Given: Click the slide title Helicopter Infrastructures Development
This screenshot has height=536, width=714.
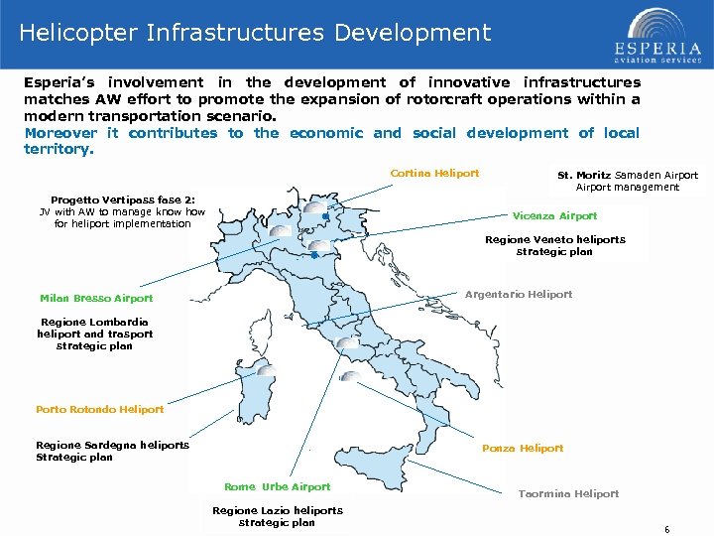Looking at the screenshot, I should pos(255,33).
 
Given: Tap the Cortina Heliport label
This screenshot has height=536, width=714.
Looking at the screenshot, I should pos(434,174).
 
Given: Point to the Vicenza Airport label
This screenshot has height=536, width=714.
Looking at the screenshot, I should pos(554,215).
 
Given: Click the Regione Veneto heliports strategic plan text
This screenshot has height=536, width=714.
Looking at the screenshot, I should pos(554,246).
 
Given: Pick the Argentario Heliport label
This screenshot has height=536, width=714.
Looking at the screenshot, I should pos(519,294).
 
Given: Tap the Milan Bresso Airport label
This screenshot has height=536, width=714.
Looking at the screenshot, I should pos(96,298).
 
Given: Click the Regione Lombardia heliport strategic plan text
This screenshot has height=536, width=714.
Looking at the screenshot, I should pos(94,334).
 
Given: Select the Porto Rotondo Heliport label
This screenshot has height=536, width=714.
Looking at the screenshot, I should pos(99,409).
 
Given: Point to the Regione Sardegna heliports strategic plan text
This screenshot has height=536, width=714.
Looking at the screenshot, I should pos(112,451).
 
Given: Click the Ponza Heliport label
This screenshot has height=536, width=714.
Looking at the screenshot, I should pos(523,449).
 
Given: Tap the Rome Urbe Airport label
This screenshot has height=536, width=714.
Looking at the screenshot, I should pos(277,487).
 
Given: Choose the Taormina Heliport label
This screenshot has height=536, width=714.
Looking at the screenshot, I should pos(568,493).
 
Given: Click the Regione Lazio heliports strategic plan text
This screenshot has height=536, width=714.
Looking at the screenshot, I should pos(277,516).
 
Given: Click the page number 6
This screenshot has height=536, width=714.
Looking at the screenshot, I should pos(667,530).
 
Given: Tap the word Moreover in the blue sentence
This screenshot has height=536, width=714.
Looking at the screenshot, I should pos(60,133).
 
